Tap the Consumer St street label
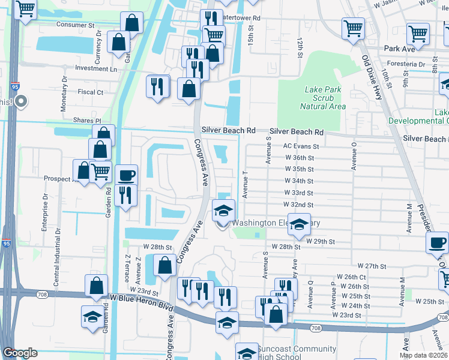[x=76, y=25]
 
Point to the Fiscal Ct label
[x=91, y=92]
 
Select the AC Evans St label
[x=301, y=146]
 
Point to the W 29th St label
[x=320, y=241]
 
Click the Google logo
[x=20, y=353]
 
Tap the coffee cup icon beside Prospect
[x=126, y=175]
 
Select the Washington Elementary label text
[x=276, y=223]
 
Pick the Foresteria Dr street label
[x=405, y=64]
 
